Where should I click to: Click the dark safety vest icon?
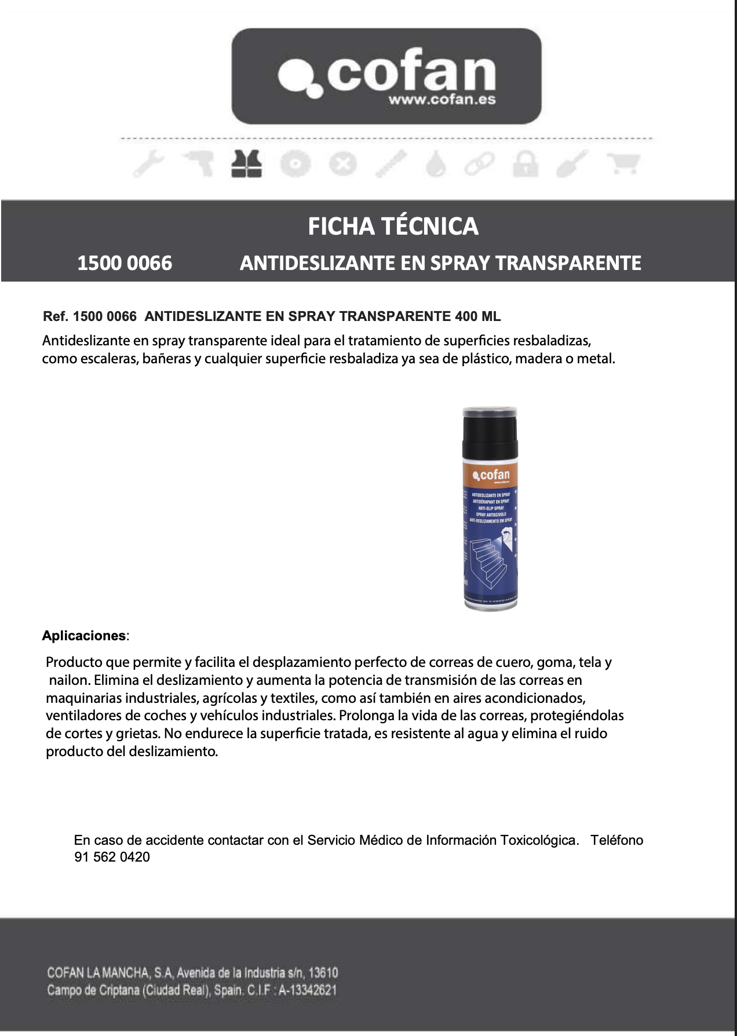point(246,164)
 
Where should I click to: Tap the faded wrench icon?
point(149,164)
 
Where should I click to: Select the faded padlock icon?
point(526,164)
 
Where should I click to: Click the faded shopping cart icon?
point(623,164)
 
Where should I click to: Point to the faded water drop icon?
point(436,164)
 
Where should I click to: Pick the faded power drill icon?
point(198,164)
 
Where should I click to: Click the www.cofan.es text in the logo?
point(442,100)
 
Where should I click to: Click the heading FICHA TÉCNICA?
point(393,227)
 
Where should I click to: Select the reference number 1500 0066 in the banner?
point(125,263)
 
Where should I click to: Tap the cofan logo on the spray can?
point(491,476)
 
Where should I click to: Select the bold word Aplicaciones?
point(83,636)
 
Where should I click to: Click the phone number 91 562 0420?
point(112,857)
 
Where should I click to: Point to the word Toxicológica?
point(539,840)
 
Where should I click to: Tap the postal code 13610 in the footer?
point(323,972)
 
